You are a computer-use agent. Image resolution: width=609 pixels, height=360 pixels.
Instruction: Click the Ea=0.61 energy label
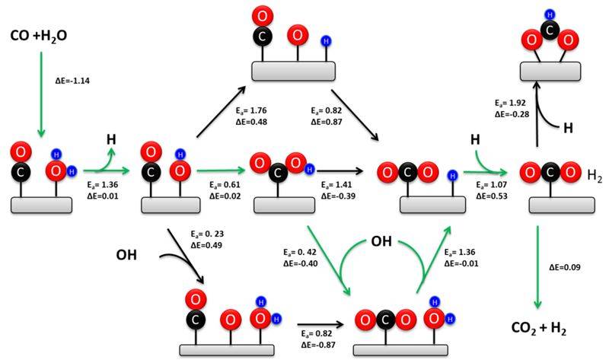tap(225, 185)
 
